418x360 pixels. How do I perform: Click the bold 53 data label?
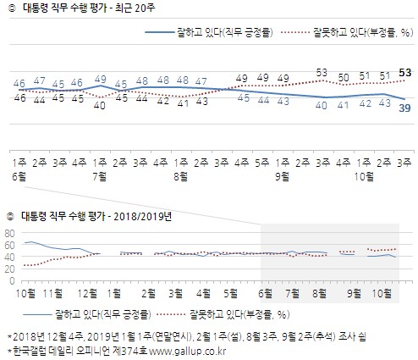[404, 73]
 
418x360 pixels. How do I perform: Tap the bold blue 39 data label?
[404, 108]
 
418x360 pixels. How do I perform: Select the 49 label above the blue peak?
[101, 80]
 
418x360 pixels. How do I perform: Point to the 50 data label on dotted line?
[344, 77]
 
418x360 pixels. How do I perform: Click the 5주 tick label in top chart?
[262, 163]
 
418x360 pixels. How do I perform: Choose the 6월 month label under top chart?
[19, 177]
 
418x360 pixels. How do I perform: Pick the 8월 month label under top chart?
[181, 177]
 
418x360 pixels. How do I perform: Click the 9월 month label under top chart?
[283, 177]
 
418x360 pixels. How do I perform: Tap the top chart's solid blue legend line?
[160, 32]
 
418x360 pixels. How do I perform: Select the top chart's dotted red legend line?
[295, 32]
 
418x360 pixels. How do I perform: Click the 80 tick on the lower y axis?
[9, 233]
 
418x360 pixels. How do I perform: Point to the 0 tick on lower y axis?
[12, 281]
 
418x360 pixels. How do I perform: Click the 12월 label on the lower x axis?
[87, 294]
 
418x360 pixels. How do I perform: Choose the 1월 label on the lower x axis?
[114, 294]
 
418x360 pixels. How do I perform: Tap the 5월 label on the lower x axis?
[230, 294]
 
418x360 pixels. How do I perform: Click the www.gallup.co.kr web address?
[187, 352]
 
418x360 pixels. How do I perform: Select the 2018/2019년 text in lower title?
[143, 217]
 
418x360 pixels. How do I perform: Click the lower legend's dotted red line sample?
[171, 314]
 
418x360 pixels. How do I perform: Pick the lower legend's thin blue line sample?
[38, 314]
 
